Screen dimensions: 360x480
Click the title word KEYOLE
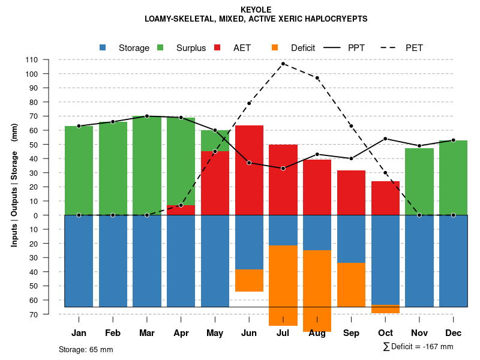point(256,10)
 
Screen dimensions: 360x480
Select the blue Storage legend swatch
point(103,47)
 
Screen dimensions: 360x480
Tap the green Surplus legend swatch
point(160,47)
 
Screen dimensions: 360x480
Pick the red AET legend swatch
point(217,47)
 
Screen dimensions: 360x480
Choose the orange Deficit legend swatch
point(275,47)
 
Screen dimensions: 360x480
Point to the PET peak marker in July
point(283,64)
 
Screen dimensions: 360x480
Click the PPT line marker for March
point(147,116)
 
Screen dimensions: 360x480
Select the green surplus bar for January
point(79,170)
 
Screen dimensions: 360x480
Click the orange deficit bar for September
point(352,284)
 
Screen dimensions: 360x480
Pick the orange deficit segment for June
point(249,280)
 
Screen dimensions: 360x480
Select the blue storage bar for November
point(419,261)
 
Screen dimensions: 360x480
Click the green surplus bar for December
point(454,178)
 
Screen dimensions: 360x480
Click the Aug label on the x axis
point(317,333)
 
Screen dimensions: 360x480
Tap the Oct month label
point(385,333)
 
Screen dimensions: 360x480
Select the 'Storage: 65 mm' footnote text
point(86,349)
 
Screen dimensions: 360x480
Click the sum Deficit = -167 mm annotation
point(418,347)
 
